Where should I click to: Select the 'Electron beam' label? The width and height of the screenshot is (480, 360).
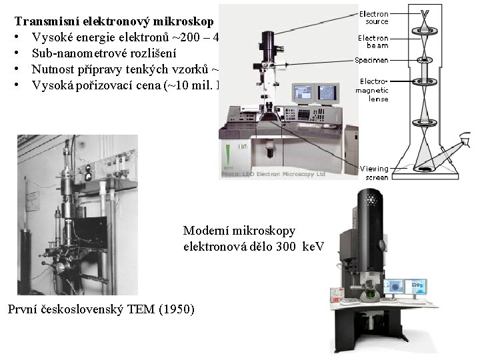(x=373, y=42)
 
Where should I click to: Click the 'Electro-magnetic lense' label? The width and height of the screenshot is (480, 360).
(x=373, y=90)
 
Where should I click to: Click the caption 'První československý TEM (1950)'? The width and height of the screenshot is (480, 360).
(x=100, y=309)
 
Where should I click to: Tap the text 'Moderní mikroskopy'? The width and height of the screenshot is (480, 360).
(x=239, y=231)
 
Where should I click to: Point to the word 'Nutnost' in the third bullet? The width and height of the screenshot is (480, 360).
(x=53, y=69)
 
